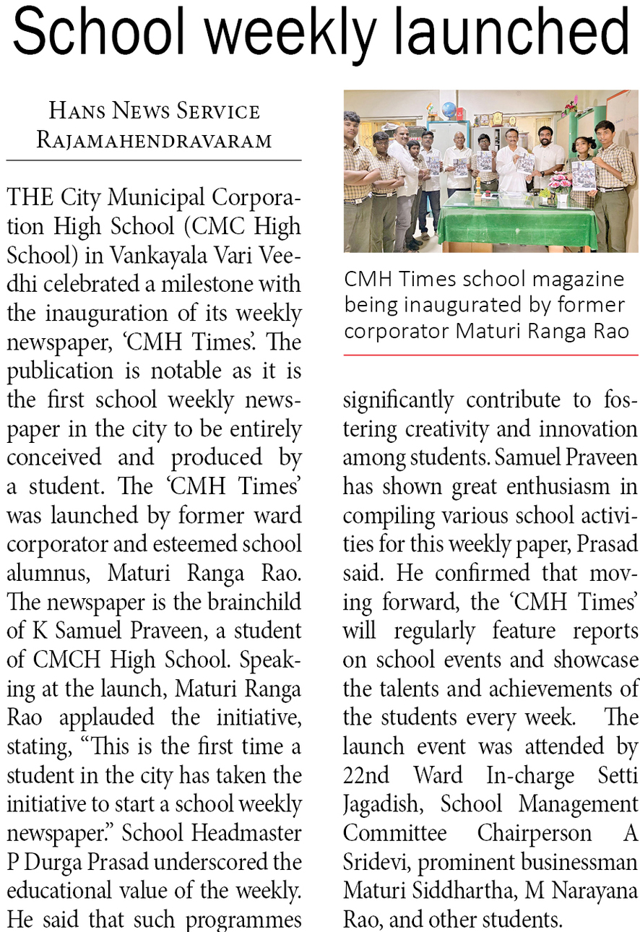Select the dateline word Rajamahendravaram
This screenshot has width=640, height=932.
[x=154, y=139]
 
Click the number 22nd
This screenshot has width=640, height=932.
[x=366, y=775]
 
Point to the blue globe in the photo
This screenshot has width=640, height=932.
[x=449, y=111]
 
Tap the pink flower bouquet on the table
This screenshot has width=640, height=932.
[x=559, y=181]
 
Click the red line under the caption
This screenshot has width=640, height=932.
[x=490, y=355]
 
